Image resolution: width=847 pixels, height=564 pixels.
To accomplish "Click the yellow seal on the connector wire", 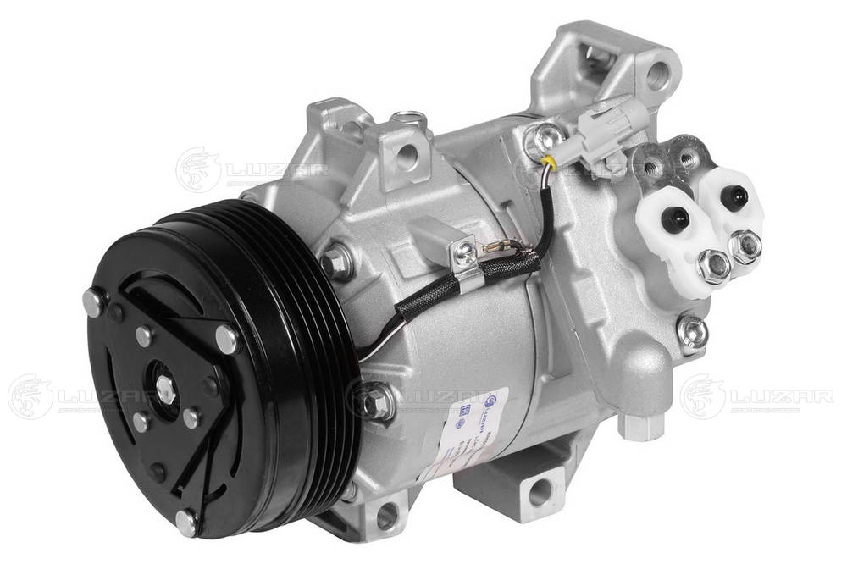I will (x=551, y=160).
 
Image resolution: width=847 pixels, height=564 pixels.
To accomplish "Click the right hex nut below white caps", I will (x=745, y=246).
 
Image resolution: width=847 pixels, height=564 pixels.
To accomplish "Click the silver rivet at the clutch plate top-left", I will (x=93, y=301).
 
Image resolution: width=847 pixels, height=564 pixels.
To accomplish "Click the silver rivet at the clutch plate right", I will (x=226, y=339).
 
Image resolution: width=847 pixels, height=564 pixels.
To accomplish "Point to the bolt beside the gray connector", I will (x=542, y=135).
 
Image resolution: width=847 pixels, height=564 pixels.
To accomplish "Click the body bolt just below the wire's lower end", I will (x=374, y=400).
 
